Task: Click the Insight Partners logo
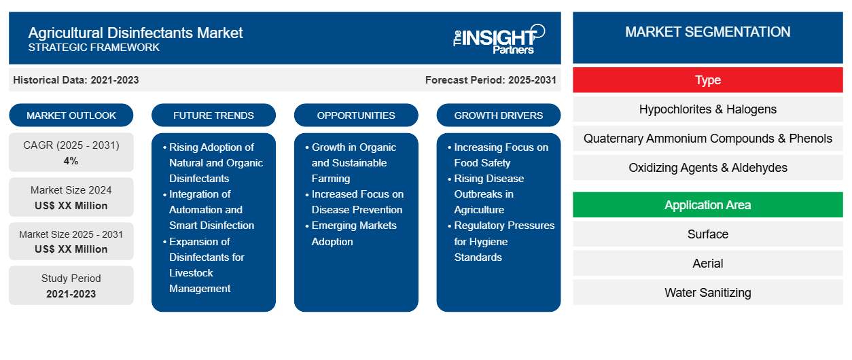(499, 39)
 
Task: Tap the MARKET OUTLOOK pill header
(71, 115)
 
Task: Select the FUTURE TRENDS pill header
(213, 115)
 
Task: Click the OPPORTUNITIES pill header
(356, 115)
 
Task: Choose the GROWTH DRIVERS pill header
(498, 115)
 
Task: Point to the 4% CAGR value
(71, 161)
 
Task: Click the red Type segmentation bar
(707, 80)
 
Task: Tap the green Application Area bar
(707, 205)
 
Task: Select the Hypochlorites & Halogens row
(707, 109)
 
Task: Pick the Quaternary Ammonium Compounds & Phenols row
(707, 139)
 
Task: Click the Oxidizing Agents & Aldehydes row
(707, 168)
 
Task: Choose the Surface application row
(707, 234)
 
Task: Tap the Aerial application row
(707, 264)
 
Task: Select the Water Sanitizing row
(707, 293)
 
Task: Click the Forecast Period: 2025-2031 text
(491, 80)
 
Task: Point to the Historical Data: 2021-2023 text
(76, 80)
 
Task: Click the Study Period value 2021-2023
(71, 294)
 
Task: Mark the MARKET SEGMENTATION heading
(707, 32)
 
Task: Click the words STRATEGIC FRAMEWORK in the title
(94, 48)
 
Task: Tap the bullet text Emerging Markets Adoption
(354, 234)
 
